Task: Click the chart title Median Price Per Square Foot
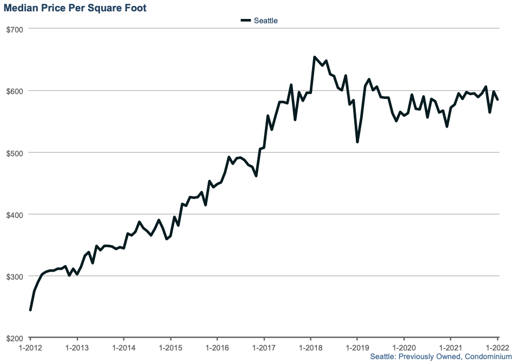75,8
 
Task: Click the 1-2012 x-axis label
30,347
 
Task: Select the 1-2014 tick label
123,347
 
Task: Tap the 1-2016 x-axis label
216,347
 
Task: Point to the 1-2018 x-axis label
310,347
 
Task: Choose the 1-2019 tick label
356,347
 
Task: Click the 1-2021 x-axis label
449,347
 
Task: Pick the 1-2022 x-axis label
496,347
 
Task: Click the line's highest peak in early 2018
315,57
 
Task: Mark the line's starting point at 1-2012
30,310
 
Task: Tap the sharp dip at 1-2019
357,142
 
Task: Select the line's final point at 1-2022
497,100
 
